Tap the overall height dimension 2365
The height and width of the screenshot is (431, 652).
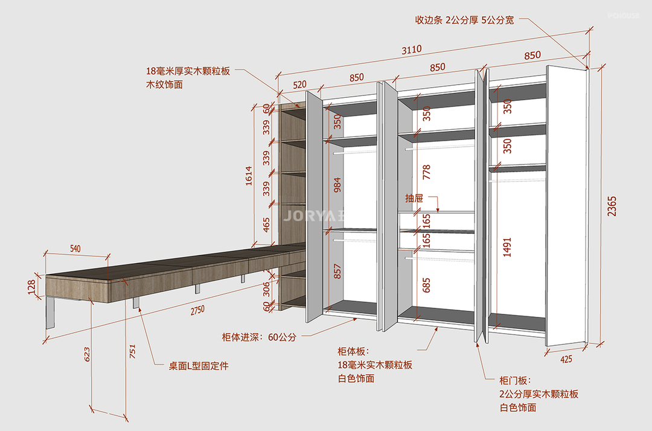pyautogui.click(x=612, y=206)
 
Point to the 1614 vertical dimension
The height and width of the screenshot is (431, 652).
pyautogui.click(x=248, y=176)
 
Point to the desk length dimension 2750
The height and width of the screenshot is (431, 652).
pyautogui.click(x=197, y=310)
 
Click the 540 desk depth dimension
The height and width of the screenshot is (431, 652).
pyautogui.click(x=75, y=247)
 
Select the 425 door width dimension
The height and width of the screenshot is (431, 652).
pyautogui.click(x=566, y=359)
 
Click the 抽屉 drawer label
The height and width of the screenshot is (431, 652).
pyautogui.click(x=414, y=197)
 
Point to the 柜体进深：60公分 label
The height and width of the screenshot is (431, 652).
pyautogui.click(x=259, y=337)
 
